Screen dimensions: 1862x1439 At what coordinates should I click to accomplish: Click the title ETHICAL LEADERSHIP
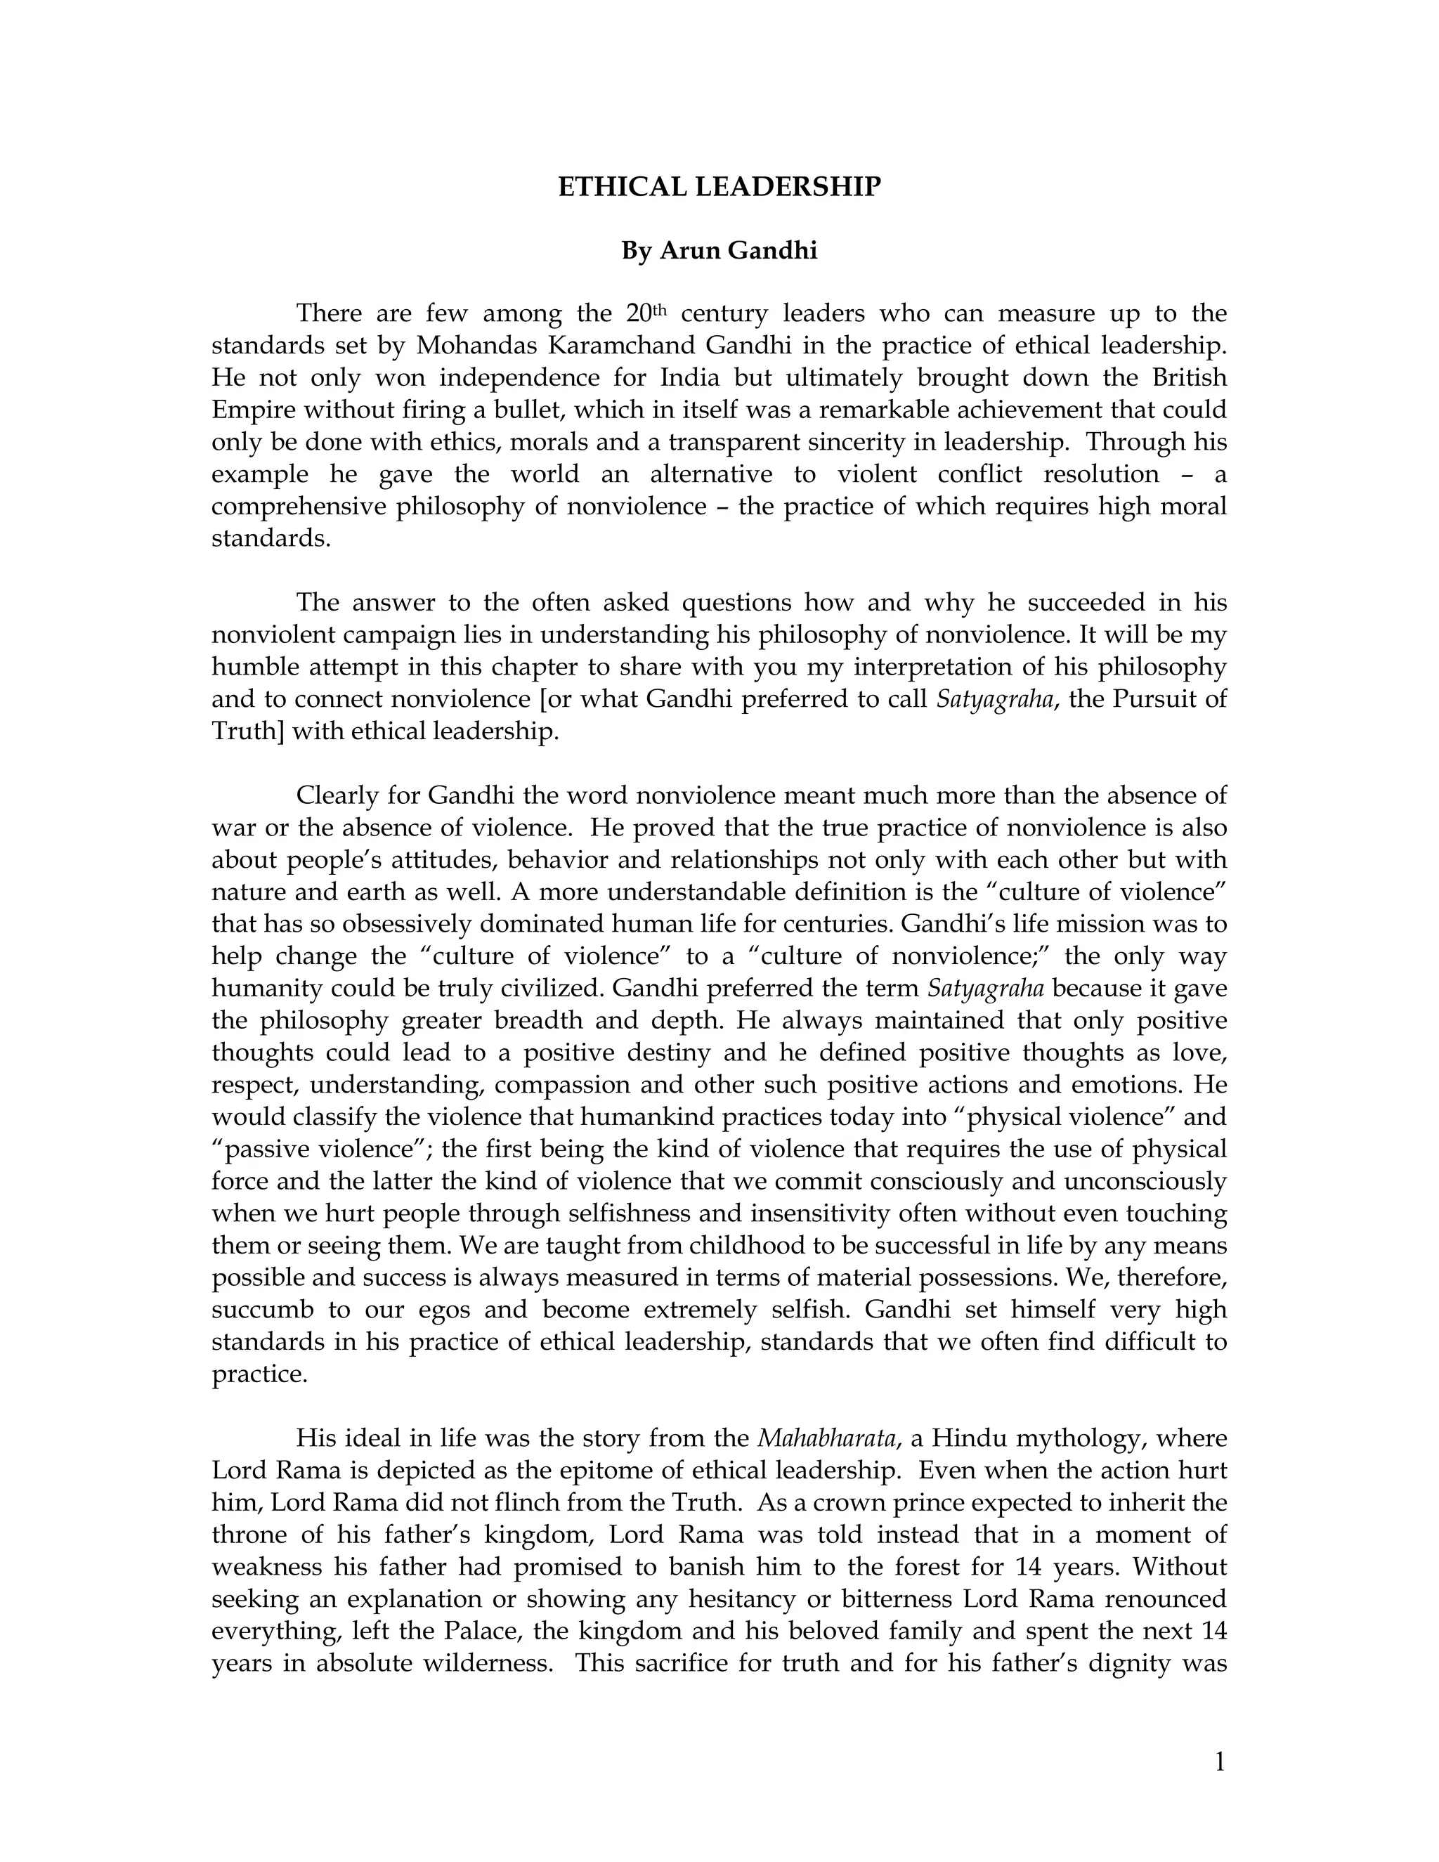[x=719, y=187]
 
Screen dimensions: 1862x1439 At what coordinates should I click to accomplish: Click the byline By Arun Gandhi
[x=719, y=251]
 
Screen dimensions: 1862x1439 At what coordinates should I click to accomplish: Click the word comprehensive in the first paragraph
[x=299, y=507]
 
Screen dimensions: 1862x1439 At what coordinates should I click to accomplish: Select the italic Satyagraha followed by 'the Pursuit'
[x=993, y=700]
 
